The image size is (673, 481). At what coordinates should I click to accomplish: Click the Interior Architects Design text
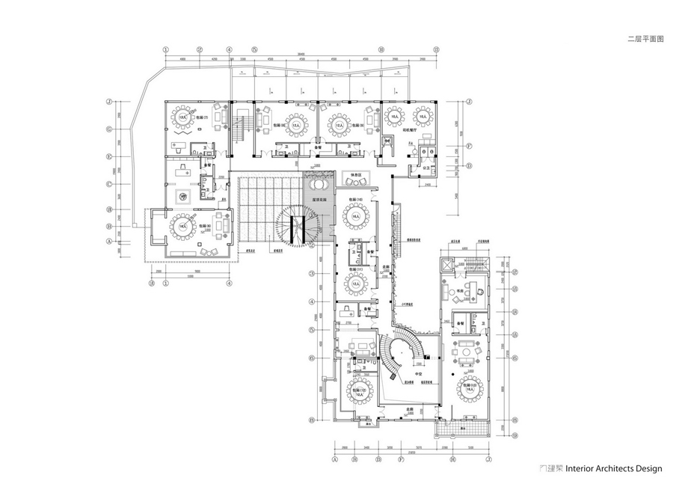click(x=613, y=469)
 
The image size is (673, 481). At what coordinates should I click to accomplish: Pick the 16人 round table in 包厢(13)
click(x=470, y=389)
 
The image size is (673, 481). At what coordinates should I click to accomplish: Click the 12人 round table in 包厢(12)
click(x=357, y=390)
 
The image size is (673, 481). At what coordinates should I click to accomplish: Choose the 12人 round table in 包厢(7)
click(x=183, y=118)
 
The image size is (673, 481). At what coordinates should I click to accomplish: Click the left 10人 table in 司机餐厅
click(x=393, y=117)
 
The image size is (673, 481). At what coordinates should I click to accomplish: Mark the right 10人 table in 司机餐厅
click(x=422, y=117)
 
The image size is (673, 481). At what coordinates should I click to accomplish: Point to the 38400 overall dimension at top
click(x=299, y=52)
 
